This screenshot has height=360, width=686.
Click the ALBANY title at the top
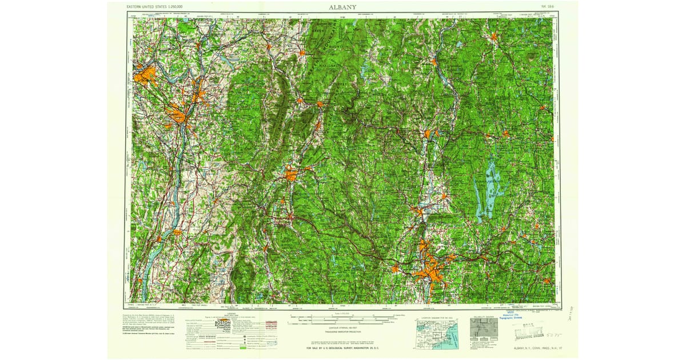pyautogui.click(x=343, y=7)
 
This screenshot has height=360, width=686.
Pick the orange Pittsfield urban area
pyautogui.click(x=292, y=173)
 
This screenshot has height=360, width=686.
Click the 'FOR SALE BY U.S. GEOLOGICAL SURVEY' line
pyautogui.click(x=343, y=347)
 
